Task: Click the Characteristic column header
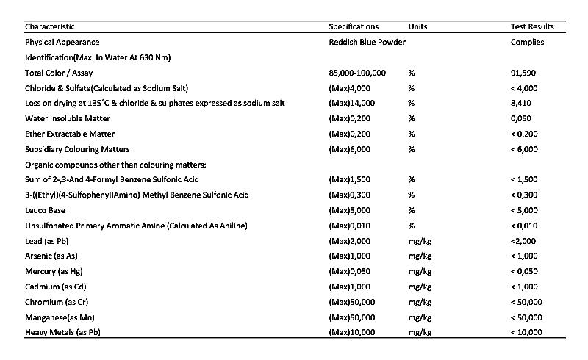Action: (50, 27)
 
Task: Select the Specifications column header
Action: (354, 27)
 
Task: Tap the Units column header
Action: (417, 27)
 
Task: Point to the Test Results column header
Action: (532, 27)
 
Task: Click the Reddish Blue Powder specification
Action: (367, 43)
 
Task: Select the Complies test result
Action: (527, 43)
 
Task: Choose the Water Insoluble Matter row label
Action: (68, 119)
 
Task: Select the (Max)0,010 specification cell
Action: (351, 226)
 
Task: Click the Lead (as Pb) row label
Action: (47, 241)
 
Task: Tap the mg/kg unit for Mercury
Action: (419, 272)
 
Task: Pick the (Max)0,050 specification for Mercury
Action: (351, 272)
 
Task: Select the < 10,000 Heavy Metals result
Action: (526, 333)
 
